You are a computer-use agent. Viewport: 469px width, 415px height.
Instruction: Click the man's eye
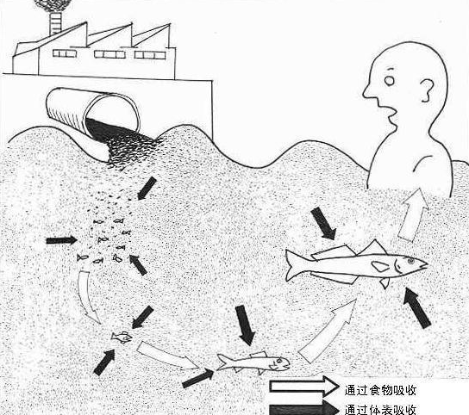390,80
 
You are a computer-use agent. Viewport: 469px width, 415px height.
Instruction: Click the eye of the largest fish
411,261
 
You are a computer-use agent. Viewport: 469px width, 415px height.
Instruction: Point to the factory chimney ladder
55,23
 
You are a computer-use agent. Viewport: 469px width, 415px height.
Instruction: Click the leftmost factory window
65,53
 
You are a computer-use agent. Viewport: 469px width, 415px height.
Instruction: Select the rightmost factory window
150,55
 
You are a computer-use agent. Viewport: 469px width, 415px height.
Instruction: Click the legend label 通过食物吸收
380,390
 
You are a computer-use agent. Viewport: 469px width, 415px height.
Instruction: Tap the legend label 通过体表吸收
380,409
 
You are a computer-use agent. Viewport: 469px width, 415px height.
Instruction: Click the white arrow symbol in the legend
303,386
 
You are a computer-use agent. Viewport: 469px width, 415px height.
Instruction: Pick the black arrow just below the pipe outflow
147,188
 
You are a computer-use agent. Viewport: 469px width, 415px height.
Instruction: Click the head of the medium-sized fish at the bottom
280,364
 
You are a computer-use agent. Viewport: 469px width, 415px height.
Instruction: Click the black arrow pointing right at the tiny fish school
61,240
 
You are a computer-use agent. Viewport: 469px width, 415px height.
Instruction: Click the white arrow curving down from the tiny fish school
88,297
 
